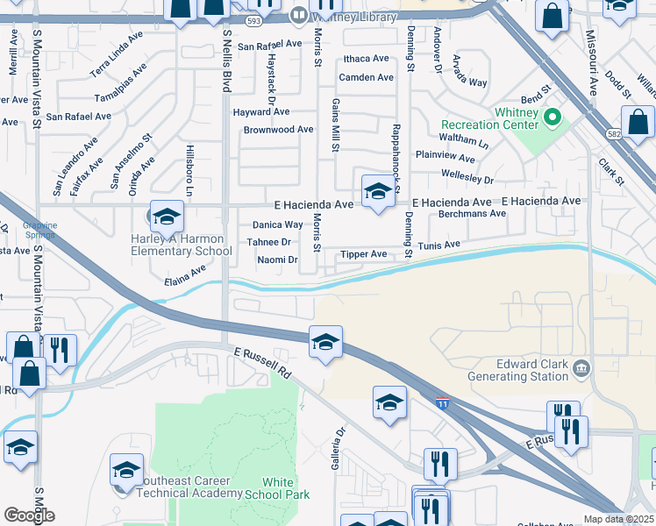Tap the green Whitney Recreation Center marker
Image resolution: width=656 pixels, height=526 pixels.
[553, 116]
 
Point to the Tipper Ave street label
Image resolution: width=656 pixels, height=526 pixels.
[363, 254]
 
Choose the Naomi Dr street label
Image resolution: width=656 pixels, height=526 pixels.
[277, 259]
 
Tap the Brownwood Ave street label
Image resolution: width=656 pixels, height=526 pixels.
[278, 130]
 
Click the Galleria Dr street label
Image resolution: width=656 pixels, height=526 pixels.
[340, 447]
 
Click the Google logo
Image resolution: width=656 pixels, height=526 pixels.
[29, 515]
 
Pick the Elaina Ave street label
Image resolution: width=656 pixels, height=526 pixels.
[185, 276]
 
